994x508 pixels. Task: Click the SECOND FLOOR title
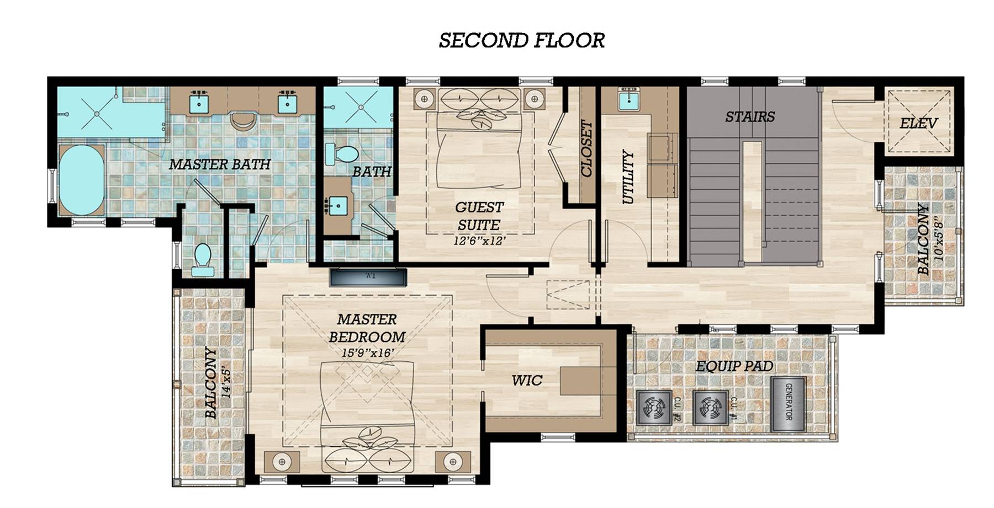522,40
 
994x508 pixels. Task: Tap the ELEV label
918,123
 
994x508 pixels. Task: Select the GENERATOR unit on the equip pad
789,404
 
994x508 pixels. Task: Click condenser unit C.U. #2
654,408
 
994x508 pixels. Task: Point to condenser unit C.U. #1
711,408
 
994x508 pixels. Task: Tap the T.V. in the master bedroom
368,277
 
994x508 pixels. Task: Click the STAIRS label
750,116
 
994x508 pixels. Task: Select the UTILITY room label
628,177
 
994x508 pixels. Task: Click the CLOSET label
586,149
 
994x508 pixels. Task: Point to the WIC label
526,380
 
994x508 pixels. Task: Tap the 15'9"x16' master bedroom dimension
367,352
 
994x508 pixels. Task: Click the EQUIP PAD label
734,366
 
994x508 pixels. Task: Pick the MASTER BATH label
220,164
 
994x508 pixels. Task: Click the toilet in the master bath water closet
203,260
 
